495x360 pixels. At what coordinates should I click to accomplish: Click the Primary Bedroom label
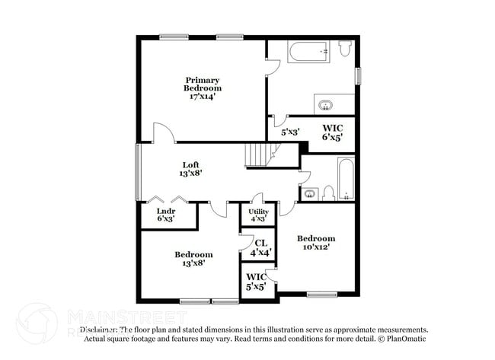[203, 88]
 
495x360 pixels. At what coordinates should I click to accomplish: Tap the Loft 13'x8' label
[190, 169]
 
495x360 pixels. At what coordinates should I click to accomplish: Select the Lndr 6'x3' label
[166, 215]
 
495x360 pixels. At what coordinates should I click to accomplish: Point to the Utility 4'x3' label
[258, 215]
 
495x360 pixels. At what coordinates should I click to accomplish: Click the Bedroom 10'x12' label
[315, 243]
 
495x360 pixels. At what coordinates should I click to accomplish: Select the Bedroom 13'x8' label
[193, 259]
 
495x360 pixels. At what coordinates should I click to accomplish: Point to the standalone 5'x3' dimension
[289, 132]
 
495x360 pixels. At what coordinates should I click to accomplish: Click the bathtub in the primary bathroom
[308, 52]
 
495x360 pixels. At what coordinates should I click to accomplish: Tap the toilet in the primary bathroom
[345, 49]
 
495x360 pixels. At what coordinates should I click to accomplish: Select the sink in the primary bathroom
[326, 104]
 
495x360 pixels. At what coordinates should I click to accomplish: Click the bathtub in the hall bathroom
[345, 178]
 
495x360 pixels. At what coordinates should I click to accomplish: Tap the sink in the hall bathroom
[310, 193]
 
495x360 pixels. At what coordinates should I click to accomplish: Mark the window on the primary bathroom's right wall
[357, 77]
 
